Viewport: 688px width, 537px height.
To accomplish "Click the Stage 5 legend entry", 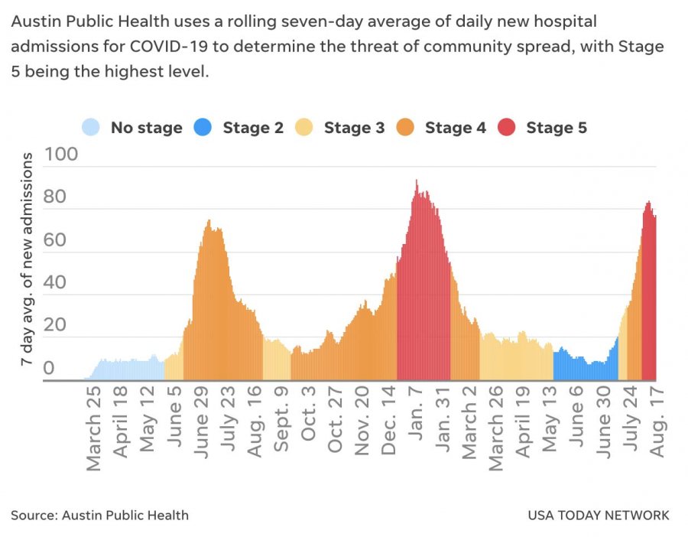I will [x=543, y=128].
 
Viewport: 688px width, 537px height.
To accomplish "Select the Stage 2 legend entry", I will [x=239, y=128].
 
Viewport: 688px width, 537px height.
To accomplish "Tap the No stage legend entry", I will [x=133, y=128].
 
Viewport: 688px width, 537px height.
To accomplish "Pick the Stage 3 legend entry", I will [x=340, y=128].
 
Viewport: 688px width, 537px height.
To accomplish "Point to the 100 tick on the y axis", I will [x=61, y=155].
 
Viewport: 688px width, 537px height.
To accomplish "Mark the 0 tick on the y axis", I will [x=49, y=369].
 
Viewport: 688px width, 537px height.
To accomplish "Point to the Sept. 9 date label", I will [x=281, y=422].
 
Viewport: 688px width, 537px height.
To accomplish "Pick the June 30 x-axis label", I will [x=604, y=424].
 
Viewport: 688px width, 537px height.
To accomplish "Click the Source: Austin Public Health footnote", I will [x=100, y=515].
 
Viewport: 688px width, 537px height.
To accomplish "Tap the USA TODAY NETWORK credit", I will [x=598, y=515].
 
